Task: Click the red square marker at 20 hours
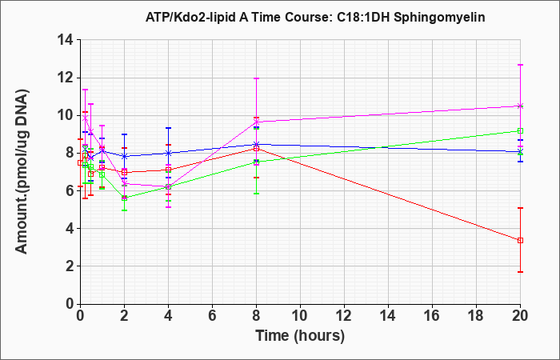coord(520,240)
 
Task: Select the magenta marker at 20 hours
coord(520,106)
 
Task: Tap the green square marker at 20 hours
coord(520,130)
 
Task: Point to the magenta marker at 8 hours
coord(257,122)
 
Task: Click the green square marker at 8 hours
coord(257,162)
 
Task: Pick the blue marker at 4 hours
coord(169,153)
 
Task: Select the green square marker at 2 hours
coord(124,198)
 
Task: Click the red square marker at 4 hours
coord(169,170)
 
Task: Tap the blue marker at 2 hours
coord(124,156)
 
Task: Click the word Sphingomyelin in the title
coord(439,17)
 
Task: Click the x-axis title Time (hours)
coord(300,336)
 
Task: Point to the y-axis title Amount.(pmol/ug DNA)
coord(22,171)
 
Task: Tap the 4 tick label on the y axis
coord(70,229)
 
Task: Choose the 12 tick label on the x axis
coord(344,316)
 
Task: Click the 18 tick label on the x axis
coord(477,316)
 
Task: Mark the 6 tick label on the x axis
coord(213,316)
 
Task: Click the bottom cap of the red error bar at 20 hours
coord(520,272)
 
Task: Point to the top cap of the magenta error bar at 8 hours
coord(257,78)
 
